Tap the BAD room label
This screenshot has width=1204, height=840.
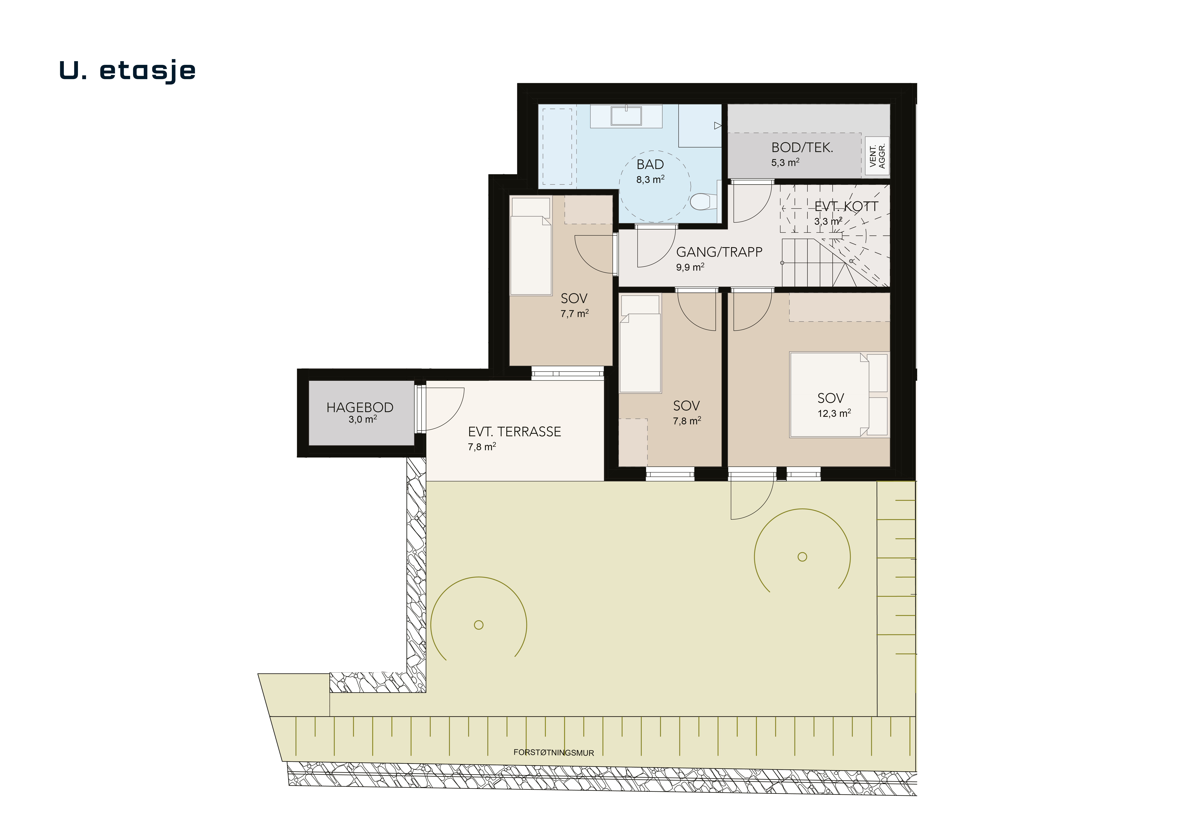click(650, 165)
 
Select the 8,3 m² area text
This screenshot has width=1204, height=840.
click(650, 179)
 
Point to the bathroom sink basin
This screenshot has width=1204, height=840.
click(626, 116)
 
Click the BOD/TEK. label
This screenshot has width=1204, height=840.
click(802, 148)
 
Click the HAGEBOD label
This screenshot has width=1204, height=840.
click(360, 407)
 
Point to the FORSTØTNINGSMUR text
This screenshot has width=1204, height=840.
click(554, 752)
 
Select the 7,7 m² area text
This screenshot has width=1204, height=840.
click(575, 313)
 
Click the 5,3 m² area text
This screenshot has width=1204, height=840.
click(785, 163)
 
